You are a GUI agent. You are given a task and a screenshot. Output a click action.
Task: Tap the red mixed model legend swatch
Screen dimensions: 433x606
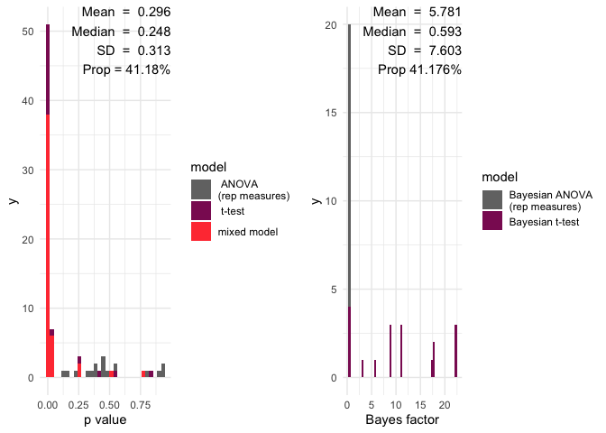pyautogui.click(x=202, y=231)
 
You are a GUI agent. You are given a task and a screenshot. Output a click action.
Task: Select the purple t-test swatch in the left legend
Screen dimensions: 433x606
pyautogui.click(x=202, y=210)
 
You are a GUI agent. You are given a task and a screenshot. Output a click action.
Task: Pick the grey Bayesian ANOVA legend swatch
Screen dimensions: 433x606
pyautogui.click(x=492, y=200)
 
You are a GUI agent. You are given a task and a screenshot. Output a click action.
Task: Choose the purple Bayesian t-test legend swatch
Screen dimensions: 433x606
pyautogui.click(x=492, y=221)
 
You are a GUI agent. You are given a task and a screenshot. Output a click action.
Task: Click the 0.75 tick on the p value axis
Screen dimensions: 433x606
pyautogui.click(x=140, y=393)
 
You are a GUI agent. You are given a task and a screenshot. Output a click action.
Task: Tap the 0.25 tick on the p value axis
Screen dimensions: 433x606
pyautogui.click(x=78, y=393)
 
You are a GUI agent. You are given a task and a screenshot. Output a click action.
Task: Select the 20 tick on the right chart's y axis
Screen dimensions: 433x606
pyautogui.click(x=331, y=25)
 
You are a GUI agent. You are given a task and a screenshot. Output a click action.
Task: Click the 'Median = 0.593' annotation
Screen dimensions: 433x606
pyautogui.click(x=412, y=32)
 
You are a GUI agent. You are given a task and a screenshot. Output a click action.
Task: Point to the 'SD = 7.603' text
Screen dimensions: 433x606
pyautogui.click(x=425, y=51)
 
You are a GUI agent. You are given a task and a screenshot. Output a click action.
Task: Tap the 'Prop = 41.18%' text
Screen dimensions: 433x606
pyautogui.click(x=126, y=69)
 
